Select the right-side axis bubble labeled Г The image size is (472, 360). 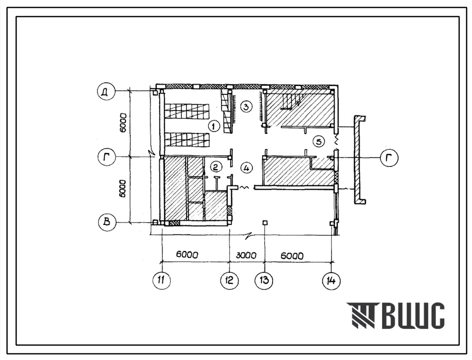tap(389, 157)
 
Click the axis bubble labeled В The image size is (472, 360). tap(107, 222)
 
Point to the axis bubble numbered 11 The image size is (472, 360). tap(161, 280)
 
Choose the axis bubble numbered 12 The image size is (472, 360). tap(230, 280)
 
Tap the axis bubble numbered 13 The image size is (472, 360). tap(264, 280)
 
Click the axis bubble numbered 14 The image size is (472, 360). tap(331, 281)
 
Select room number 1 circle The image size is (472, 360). tap(214, 126)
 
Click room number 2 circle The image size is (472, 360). tap(215, 167)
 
